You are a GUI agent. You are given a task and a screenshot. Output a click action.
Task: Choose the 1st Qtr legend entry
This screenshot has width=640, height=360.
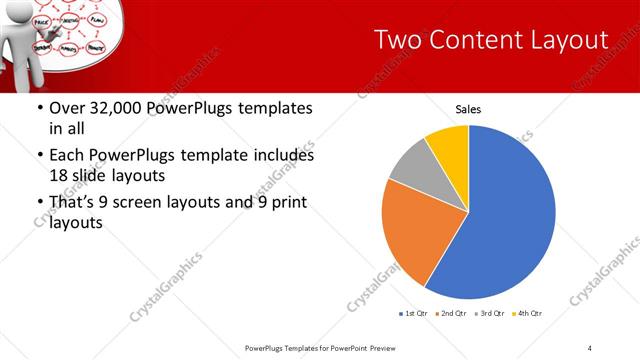pyautogui.click(x=414, y=314)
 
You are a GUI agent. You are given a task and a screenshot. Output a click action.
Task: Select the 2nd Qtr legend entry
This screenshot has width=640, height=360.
pyautogui.click(x=452, y=314)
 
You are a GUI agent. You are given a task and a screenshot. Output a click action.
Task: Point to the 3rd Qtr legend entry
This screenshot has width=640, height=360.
pyautogui.click(x=490, y=314)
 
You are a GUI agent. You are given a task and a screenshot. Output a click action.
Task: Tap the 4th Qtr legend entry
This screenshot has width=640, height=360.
pyautogui.click(x=527, y=314)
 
